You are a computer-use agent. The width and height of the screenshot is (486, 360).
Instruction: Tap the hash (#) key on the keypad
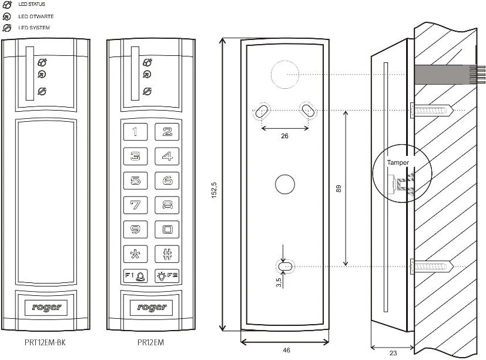167,254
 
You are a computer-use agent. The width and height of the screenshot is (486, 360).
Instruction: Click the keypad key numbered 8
167,205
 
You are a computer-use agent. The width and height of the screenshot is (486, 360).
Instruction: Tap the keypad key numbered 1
135,132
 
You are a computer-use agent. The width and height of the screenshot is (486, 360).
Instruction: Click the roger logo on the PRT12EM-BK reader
46,306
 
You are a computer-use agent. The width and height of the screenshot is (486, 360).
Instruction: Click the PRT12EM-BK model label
46,342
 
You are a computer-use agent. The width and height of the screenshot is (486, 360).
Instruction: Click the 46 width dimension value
286,350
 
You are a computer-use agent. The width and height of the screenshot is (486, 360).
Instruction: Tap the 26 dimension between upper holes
284,136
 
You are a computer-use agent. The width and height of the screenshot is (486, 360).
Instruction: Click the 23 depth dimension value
393,353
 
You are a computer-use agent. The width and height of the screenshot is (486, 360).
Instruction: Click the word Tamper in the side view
398,162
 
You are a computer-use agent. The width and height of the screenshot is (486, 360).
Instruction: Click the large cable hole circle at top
285,75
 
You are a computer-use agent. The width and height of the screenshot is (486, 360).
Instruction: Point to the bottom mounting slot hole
286,266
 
